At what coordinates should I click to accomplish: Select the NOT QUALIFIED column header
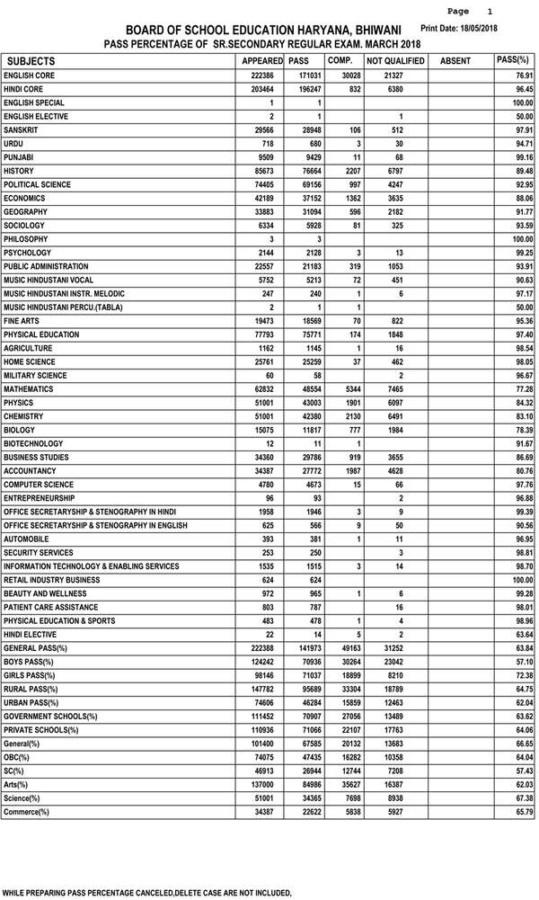(392, 60)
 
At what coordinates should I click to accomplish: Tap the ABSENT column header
(455, 60)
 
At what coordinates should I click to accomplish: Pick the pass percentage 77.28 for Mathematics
(520, 389)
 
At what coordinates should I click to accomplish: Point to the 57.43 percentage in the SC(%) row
(520, 771)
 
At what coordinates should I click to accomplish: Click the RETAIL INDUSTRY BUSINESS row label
(51, 580)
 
